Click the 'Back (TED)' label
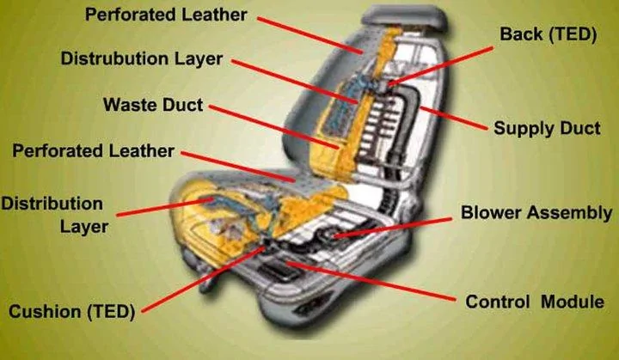pos(548,34)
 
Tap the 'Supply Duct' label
pos(547,128)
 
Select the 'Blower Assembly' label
pos(536,213)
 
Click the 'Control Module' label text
pos(535,302)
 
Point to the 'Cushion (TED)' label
pos(72,311)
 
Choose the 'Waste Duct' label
pos(153,105)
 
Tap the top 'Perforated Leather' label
pos(166,15)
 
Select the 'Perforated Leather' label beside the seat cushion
pos(93,151)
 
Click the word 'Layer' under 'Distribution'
pos(84,227)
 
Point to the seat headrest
pos(405,18)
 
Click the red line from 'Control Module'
pos(371,281)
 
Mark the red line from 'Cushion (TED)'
pos(203,280)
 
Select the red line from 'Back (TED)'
pos(440,65)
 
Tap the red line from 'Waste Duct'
pos(274,127)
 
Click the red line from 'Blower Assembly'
pos(393,228)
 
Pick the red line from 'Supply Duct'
pos(453,118)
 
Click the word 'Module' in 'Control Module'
pos(573,302)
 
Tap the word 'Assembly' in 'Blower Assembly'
pos(570,213)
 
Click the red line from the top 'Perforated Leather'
pos(309,34)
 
